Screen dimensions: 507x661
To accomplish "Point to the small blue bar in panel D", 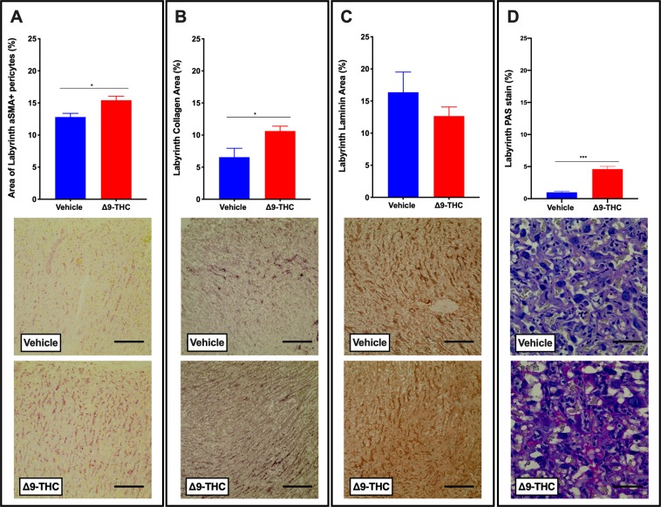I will point(556,195).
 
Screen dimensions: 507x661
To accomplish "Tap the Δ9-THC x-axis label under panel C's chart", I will point(450,206).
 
